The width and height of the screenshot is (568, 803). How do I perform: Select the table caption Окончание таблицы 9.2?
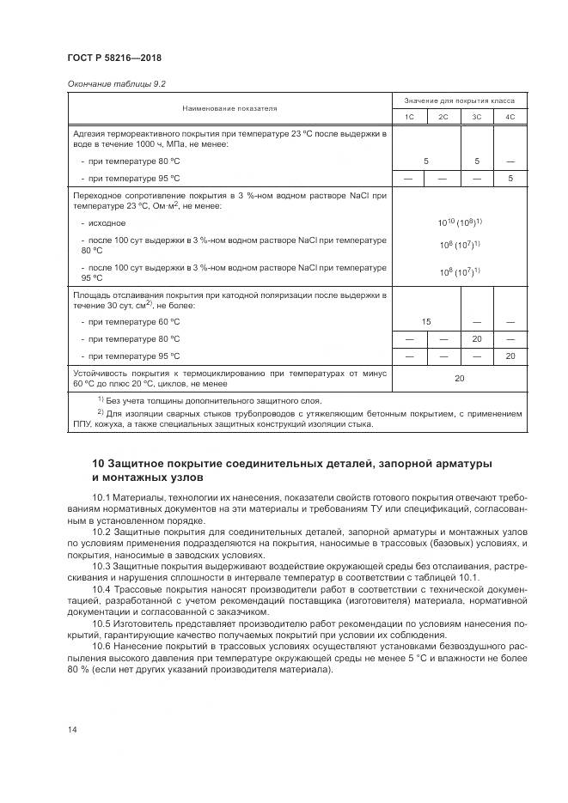point(115,84)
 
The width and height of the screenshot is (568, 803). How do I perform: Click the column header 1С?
point(409,117)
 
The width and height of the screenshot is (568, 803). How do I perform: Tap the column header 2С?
point(443,117)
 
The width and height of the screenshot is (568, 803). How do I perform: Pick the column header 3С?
point(476,117)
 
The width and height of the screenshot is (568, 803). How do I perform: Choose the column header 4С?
point(510,117)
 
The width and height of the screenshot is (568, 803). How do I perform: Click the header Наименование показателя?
point(229,109)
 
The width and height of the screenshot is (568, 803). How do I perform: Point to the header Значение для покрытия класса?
point(460,101)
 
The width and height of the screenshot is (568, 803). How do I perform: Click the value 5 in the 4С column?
point(510,179)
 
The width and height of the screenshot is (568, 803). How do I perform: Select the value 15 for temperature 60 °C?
point(426,321)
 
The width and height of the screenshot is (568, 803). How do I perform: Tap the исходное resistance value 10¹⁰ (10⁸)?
point(460,222)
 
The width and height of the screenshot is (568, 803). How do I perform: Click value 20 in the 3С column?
point(476,338)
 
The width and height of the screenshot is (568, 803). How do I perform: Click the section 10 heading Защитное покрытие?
point(292,470)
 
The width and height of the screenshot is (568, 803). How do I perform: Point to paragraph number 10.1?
point(103,497)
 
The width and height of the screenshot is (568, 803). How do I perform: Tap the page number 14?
point(71,730)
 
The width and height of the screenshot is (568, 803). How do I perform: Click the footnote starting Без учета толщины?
point(211,401)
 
